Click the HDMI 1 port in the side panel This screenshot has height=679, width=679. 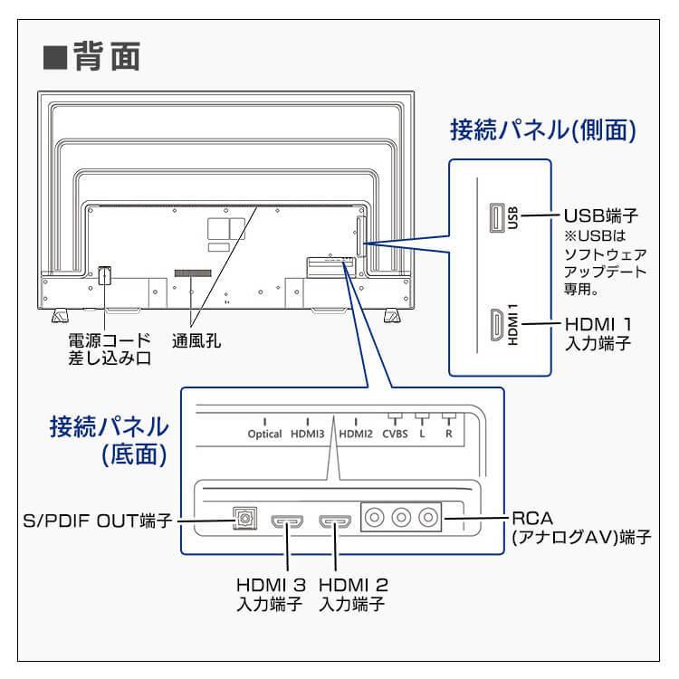(x=496, y=324)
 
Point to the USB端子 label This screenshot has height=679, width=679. (x=601, y=216)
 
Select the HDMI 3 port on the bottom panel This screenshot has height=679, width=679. (x=289, y=521)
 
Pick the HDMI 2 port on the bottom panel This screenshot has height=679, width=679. (x=335, y=521)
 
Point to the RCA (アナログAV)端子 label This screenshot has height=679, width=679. (x=580, y=529)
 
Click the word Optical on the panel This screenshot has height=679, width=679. (x=264, y=434)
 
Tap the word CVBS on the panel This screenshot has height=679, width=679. (x=395, y=434)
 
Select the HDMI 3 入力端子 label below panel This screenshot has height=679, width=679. (x=269, y=594)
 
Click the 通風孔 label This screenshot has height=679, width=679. (x=196, y=341)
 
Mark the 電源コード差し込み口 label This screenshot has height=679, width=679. (x=108, y=349)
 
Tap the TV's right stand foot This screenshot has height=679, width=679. (x=392, y=316)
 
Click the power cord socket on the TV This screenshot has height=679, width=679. (x=105, y=274)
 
